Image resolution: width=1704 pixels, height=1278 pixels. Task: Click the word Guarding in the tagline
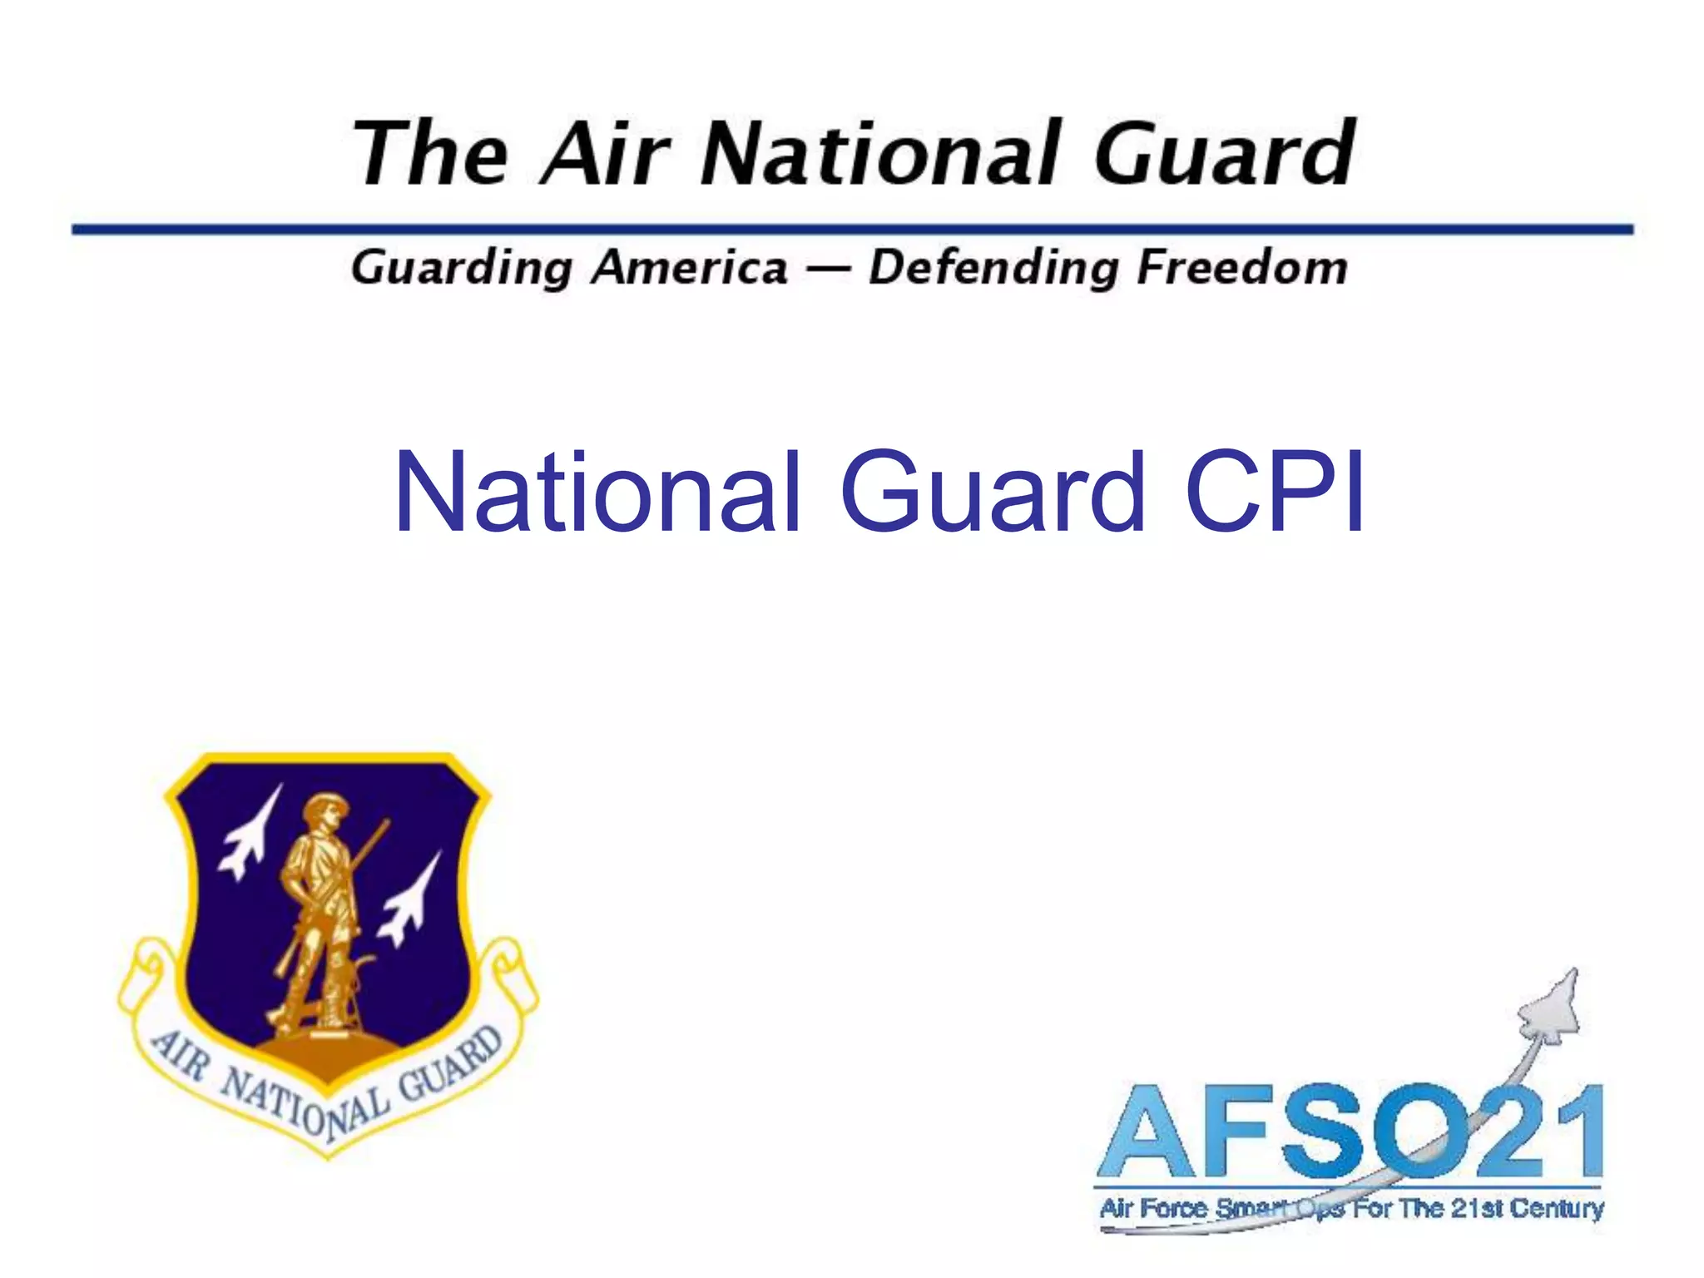click(x=462, y=268)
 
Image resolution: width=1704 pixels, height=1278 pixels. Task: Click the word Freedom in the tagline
click(x=1241, y=268)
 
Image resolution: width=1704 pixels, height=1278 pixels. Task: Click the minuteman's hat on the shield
click(x=325, y=805)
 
